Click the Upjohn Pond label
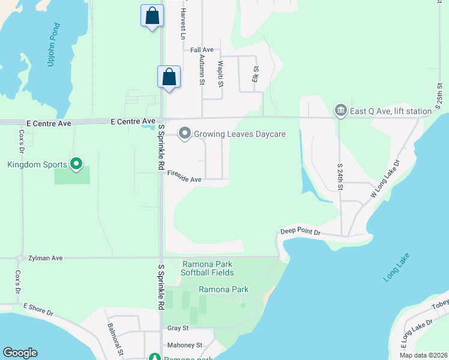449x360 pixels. click(x=52, y=45)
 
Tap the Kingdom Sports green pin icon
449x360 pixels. click(x=76, y=163)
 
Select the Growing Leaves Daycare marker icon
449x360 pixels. click(x=185, y=133)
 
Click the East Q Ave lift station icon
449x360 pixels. click(x=341, y=110)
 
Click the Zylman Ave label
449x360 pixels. click(x=45, y=258)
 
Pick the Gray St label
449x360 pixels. click(x=178, y=328)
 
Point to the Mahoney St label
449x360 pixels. click(x=185, y=345)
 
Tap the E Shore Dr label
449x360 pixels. click(x=38, y=310)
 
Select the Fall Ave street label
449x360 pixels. click(x=202, y=50)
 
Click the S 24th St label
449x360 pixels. click(x=340, y=177)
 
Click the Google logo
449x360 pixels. click(x=20, y=353)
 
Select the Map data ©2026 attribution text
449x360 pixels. click(x=423, y=355)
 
